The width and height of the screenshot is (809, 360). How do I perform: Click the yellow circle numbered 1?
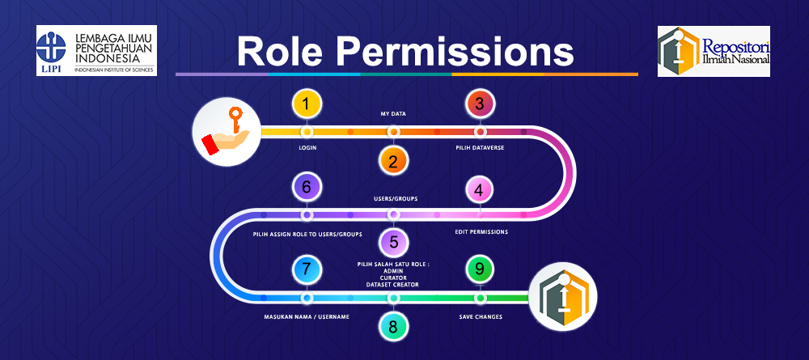307,104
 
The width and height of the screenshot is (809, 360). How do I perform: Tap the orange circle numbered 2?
393,161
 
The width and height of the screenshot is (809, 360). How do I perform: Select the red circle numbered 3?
480,104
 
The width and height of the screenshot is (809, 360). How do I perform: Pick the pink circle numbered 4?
480,190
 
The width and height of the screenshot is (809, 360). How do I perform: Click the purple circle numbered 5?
393,241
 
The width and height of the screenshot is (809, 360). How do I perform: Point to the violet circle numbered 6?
307,187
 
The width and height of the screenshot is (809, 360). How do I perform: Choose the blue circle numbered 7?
307,269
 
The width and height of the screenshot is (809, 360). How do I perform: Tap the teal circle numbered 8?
393,328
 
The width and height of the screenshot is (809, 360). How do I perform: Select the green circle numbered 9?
480,269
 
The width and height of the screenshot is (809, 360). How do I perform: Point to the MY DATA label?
393,114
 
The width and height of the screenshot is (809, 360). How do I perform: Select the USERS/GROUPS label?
393,198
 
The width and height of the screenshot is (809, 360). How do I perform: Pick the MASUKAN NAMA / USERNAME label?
307,317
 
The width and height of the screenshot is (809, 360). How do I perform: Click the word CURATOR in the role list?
393,277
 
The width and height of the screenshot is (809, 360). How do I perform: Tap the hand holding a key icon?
226,132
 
